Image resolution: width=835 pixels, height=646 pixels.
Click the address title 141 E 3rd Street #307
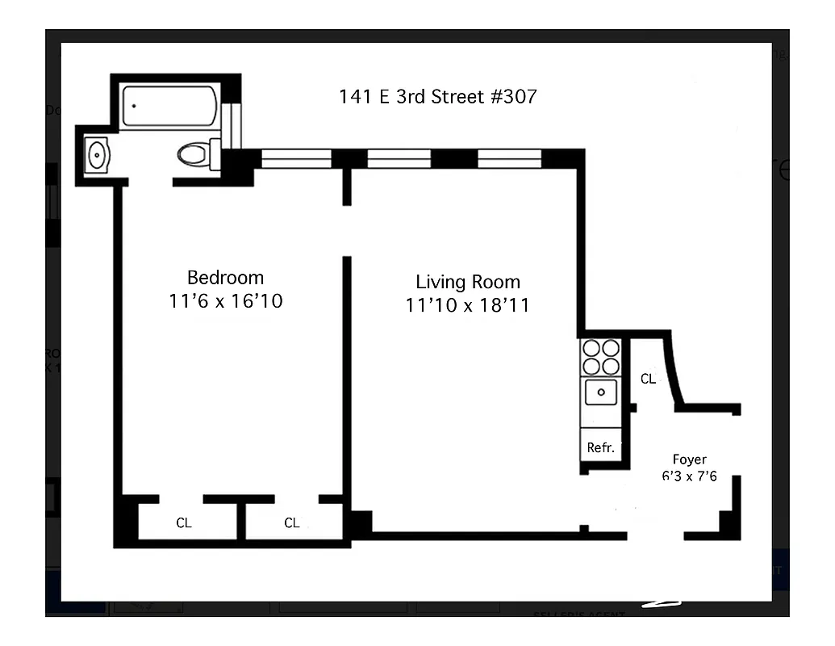click(437, 97)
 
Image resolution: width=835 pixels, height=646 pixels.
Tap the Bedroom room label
click(225, 278)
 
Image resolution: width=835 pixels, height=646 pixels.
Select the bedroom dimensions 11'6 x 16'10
click(225, 302)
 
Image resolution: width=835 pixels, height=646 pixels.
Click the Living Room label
click(467, 282)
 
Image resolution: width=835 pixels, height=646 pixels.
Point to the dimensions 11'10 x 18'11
click(467, 305)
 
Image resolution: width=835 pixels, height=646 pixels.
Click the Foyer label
click(689, 459)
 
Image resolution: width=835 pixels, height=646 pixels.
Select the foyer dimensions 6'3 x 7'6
click(689, 476)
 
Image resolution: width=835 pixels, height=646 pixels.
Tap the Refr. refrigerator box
click(601, 447)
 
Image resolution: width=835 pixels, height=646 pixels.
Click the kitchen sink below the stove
click(601, 393)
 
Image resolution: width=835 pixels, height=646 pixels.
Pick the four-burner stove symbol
click(601, 357)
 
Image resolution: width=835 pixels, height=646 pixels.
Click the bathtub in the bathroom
click(169, 107)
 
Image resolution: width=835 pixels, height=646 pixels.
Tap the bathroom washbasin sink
click(97, 154)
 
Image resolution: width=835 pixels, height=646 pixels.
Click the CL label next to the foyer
click(648, 379)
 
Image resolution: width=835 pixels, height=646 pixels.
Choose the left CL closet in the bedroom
click(184, 522)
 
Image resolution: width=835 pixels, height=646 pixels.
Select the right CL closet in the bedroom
click(292, 522)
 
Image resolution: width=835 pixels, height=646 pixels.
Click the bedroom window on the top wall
click(296, 158)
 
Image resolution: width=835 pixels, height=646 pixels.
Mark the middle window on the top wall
click(399, 158)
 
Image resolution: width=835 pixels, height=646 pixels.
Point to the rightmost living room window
click(509, 158)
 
